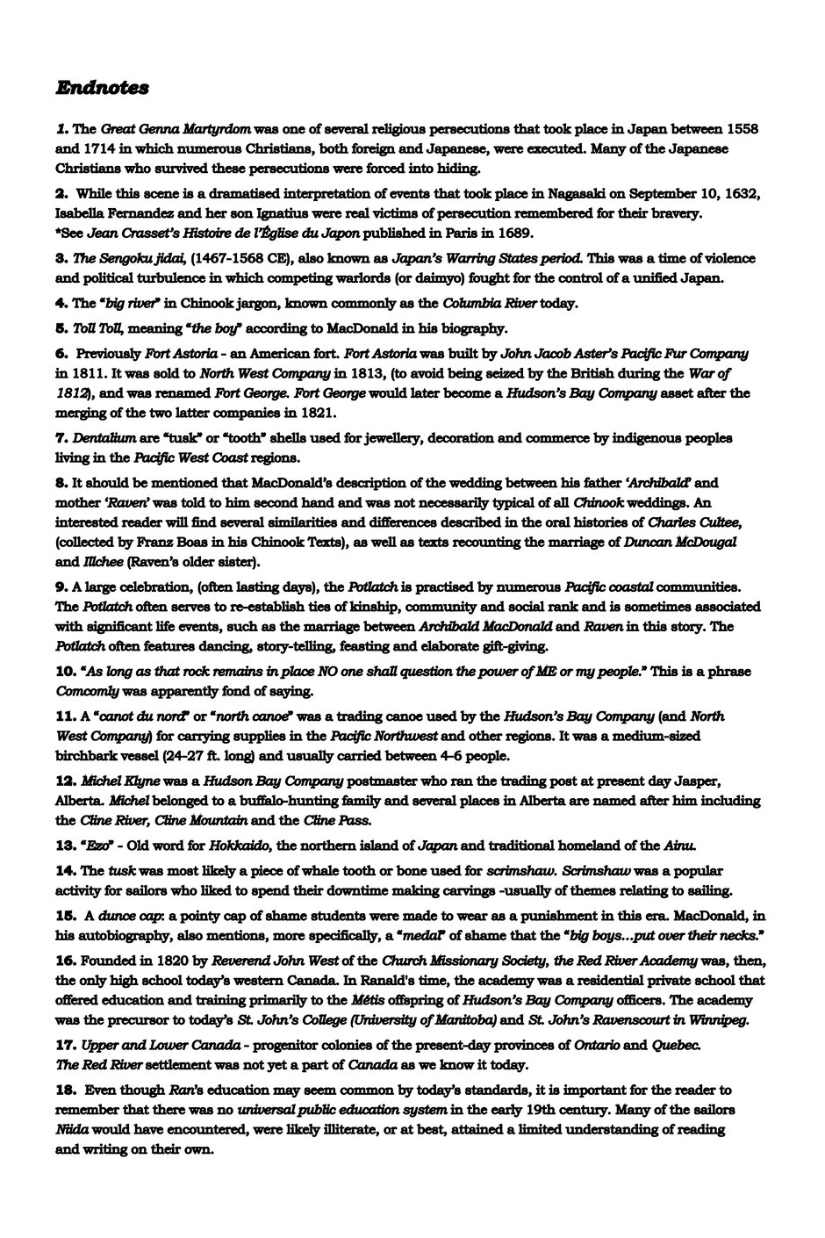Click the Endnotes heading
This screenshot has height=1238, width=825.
102,88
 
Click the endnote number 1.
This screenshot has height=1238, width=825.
62,128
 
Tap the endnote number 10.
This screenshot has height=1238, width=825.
67,671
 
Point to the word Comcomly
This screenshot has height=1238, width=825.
88,691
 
